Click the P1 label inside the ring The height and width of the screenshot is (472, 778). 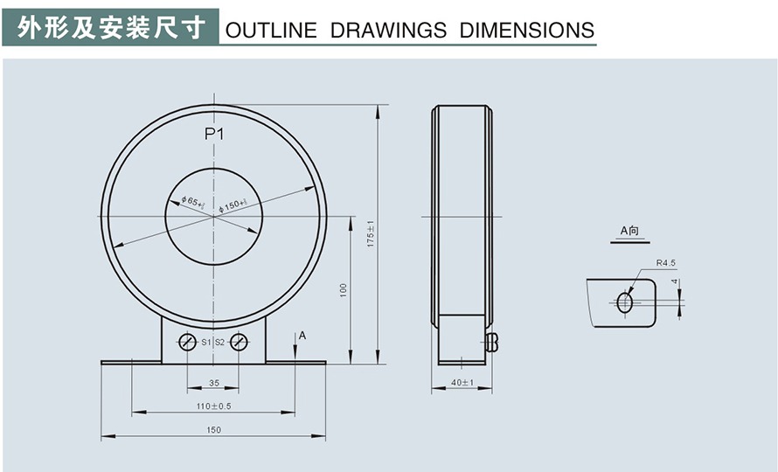215,134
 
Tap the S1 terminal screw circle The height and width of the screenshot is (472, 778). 187,342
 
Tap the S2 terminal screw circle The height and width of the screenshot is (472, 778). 239,342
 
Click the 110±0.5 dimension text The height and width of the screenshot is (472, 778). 213,406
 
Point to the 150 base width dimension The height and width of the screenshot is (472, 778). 213,429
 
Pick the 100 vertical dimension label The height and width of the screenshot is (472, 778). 344,288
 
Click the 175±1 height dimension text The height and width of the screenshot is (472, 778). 371,233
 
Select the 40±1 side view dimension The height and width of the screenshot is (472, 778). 462,383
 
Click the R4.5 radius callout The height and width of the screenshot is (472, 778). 666,262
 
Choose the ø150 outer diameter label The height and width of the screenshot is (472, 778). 233,205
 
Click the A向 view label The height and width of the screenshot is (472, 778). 629,231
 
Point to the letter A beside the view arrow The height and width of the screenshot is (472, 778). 302,336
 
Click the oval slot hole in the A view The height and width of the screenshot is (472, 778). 625,302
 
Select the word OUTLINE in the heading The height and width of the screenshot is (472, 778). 271,31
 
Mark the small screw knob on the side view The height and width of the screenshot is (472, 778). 491,342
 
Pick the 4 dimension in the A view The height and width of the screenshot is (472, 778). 675,282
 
